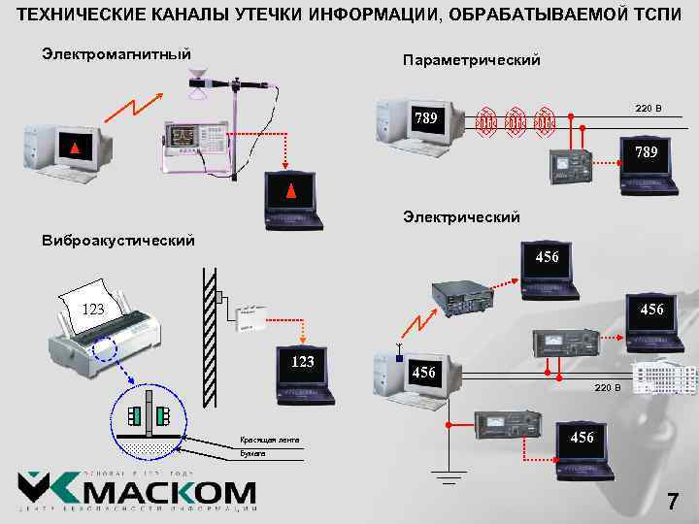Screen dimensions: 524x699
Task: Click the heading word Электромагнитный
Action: pos(116,52)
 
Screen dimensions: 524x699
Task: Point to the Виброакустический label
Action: pos(117,240)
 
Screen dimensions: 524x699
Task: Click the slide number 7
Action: pos(672,502)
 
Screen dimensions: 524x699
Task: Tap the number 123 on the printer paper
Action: pos(93,311)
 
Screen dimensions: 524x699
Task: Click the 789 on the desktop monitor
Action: pos(426,119)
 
